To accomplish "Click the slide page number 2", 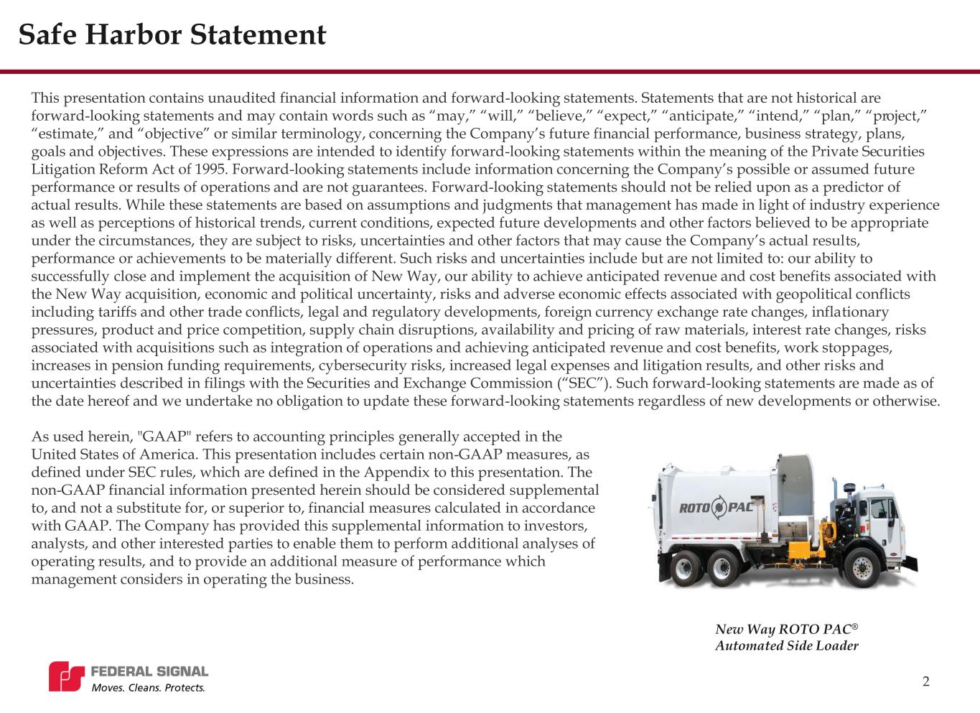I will (x=925, y=681).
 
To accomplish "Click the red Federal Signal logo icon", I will (x=66, y=677).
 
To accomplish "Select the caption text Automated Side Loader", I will (x=786, y=646).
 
